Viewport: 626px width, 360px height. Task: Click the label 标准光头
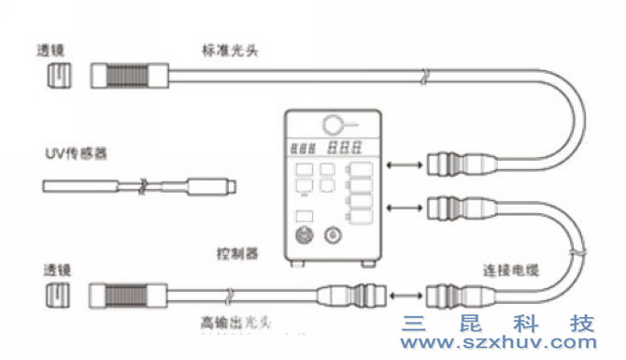[229, 50]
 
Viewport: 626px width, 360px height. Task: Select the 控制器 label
[235, 254]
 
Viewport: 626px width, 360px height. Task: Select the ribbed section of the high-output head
[132, 295]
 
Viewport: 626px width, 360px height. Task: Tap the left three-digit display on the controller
[305, 148]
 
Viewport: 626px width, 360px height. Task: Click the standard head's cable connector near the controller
[452, 167]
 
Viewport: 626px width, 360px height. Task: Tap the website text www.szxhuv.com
[498, 344]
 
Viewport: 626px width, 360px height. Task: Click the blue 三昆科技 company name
[498, 324]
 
